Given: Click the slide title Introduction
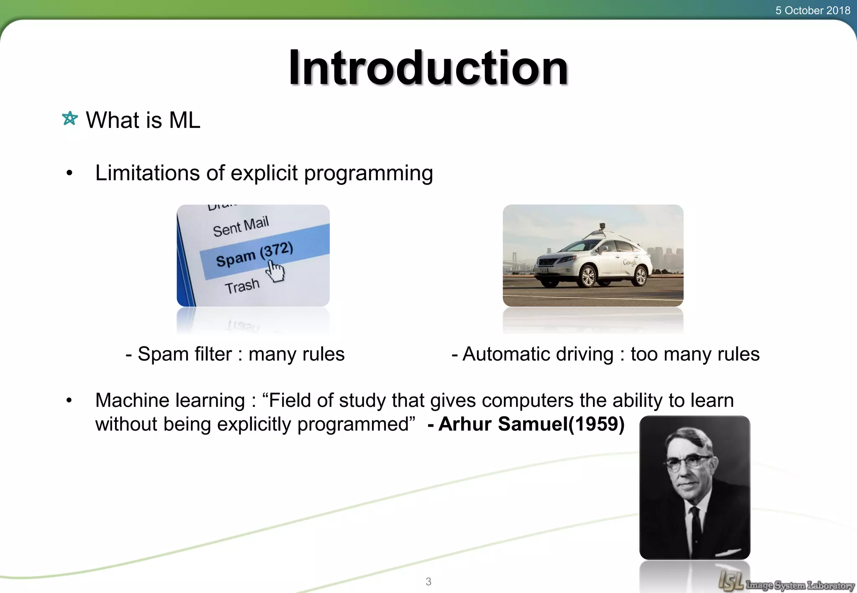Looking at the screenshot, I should pyautogui.click(x=428, y=68).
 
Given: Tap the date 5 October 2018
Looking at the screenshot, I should pyautogui.click(x=812, y=10).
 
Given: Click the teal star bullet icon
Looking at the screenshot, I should pyautogui.click(x=70, y=118).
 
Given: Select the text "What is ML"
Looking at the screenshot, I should pyautogui.click(x=143, y=120).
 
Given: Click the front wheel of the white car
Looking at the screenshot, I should pyautogui.click(x=588, y=276).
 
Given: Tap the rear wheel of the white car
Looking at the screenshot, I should pyautogui.click(x=641, y=276).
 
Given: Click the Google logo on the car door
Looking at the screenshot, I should pyautogui.click(x=630, y=262).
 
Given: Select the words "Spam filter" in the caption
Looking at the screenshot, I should pyautogui.click(x=185, y=354).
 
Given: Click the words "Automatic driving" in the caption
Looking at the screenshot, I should pyautogui.click(x=538, y=354).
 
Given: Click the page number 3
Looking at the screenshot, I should pyautogui.click(x=428, y=581).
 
